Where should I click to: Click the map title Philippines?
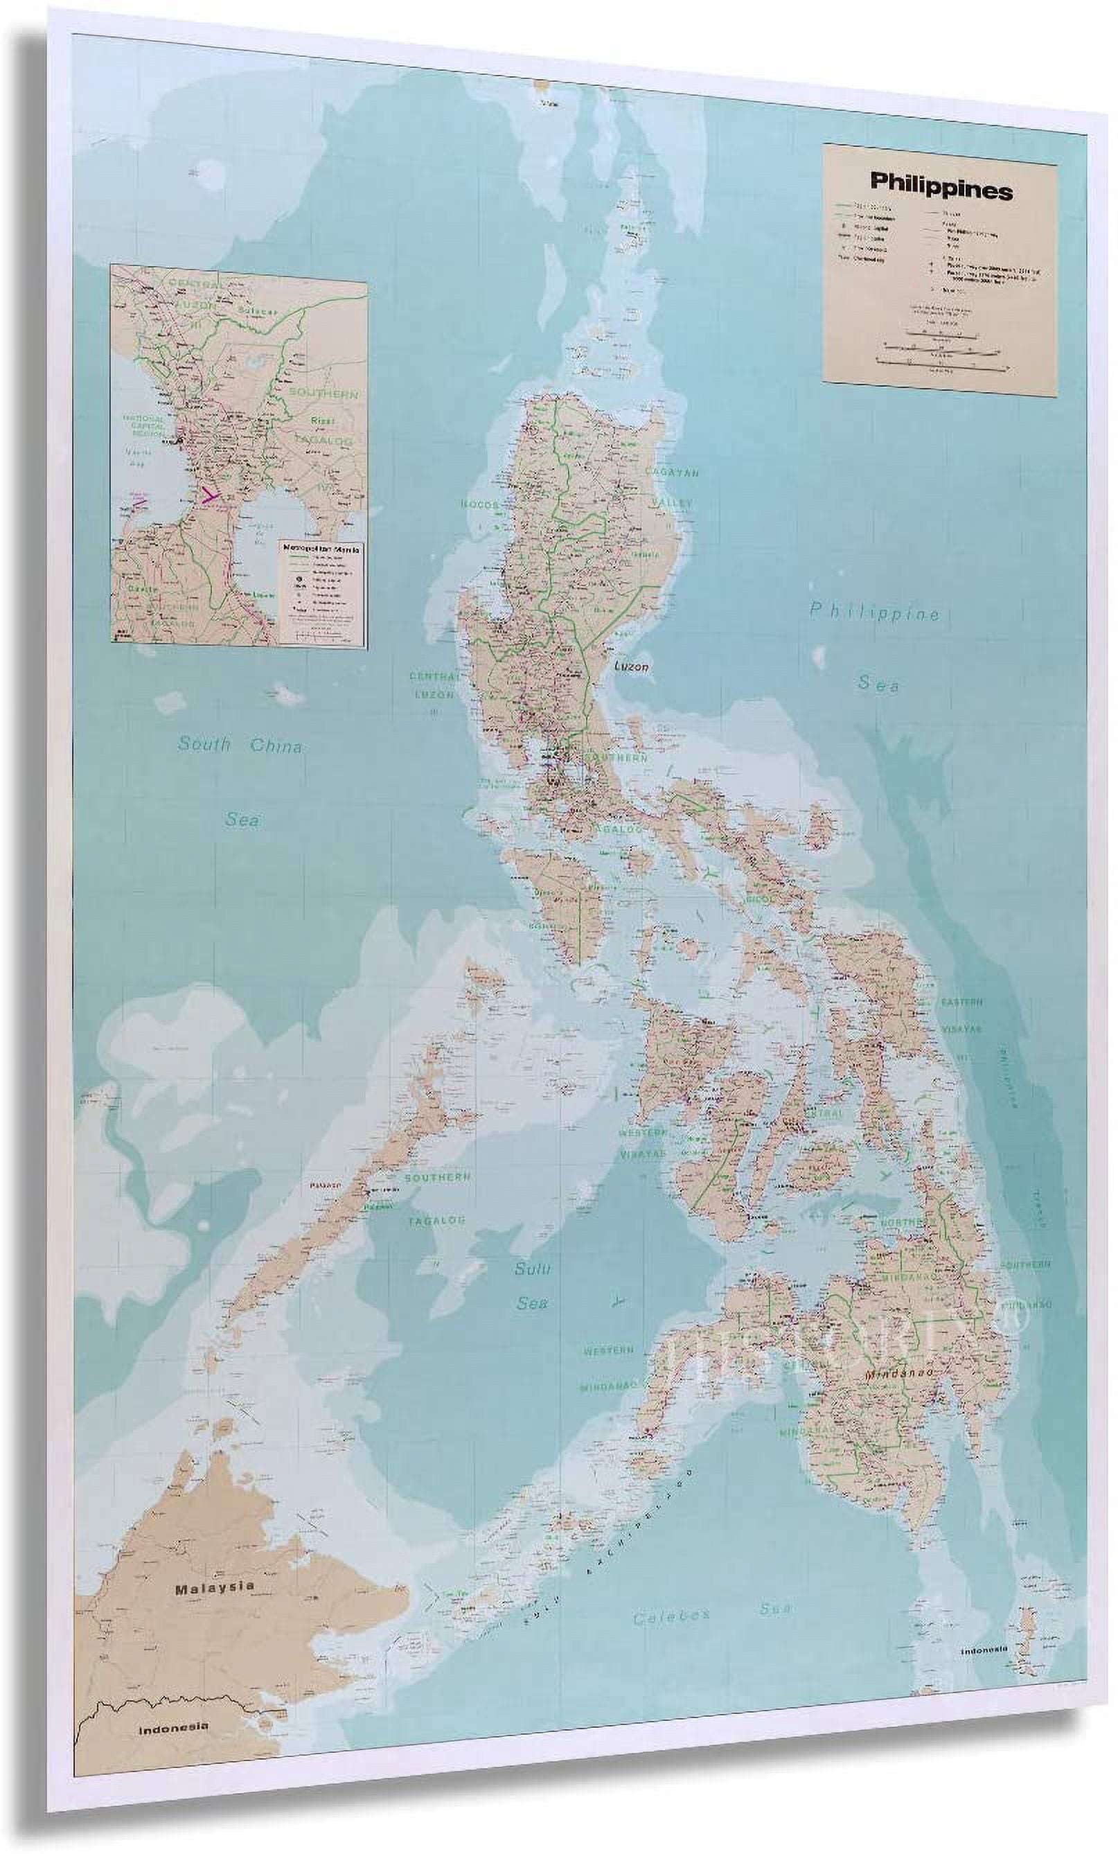tap(941, 189)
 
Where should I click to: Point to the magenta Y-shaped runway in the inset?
tap(211, 495)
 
